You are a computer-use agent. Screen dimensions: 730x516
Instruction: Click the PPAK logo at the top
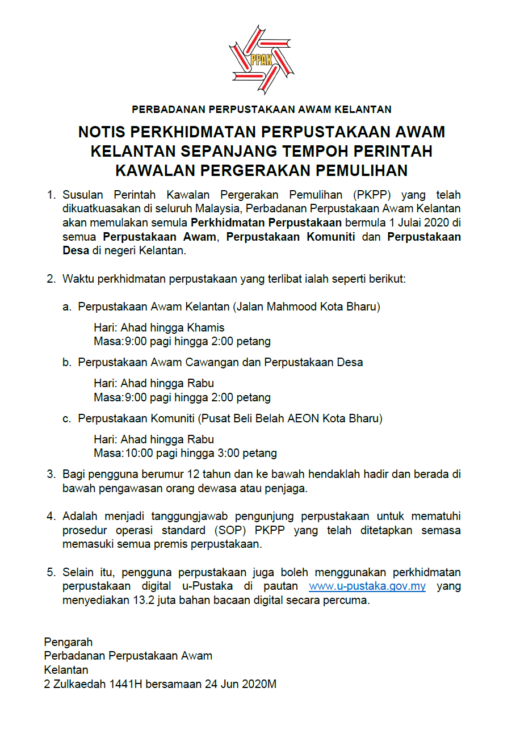[261, 59]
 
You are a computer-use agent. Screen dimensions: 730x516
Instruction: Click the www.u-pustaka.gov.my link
[367, 586]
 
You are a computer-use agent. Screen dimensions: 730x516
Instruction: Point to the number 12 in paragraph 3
[177, 473]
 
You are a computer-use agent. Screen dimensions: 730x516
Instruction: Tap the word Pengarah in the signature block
[68, 642]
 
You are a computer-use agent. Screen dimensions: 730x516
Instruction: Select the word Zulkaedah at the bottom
[78, 684]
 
